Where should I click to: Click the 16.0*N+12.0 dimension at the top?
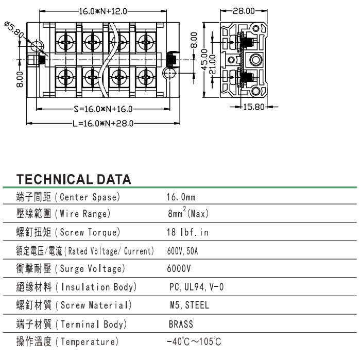[103, 11]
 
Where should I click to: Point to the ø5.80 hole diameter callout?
[14, 29]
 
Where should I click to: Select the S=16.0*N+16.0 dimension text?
[103, 109]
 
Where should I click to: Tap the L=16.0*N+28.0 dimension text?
[103, 124]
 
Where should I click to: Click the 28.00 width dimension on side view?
[244, 11]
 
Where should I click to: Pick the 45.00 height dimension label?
[204, 60]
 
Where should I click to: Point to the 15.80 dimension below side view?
[254, 107]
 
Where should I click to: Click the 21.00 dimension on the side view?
[212, 64]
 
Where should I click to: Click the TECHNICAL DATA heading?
[74, 179]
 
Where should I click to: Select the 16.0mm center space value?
[181, 197]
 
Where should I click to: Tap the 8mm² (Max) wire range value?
[188, 213]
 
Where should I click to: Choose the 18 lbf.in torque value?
[187, 232]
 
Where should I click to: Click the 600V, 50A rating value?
[183, 251]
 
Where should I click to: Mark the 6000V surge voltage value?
[179, 268]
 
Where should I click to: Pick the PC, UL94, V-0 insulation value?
[197, 287]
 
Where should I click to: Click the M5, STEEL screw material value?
[190, 305]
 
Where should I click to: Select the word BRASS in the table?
[181, 324]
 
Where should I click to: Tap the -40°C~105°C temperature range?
[194, 341]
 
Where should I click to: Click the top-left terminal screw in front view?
[66, 42]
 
